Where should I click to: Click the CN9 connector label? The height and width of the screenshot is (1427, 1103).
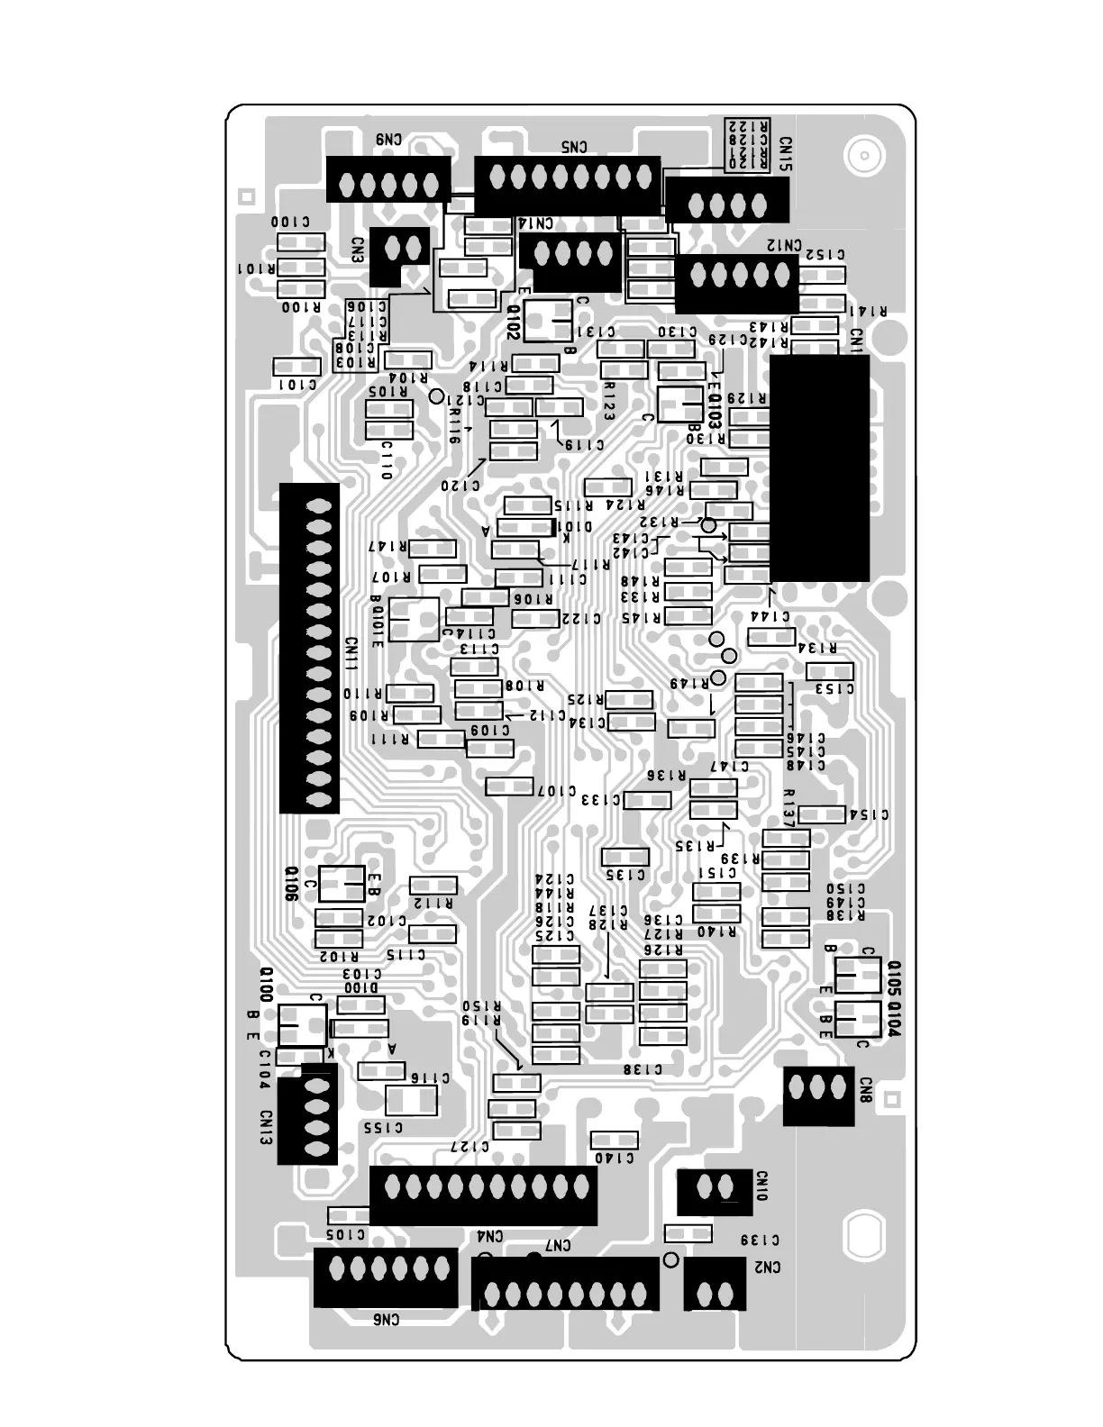tap(389, 140)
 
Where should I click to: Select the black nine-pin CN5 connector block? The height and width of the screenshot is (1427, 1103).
tap(567, 185)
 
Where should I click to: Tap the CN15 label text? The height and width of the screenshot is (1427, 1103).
tap(786, 154)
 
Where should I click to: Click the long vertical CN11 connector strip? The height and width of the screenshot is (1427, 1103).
tap(310, 647)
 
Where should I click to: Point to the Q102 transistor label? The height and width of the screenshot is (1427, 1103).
tap(512, 322)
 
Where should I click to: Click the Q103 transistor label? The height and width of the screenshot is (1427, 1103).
tap(716, 411)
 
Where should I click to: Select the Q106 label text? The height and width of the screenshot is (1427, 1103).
tap(291, 884)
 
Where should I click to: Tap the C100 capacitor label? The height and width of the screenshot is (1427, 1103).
tap(290, 222)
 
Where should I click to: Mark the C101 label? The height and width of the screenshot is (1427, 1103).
tap(296, 385)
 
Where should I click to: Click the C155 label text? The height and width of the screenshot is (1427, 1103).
tap(383, 1127)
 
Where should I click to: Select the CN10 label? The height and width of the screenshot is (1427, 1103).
tap(762, 1186)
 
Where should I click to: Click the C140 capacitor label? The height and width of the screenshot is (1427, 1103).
tap(615, 1159)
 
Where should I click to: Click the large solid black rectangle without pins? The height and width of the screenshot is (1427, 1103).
tap(819, 467)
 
